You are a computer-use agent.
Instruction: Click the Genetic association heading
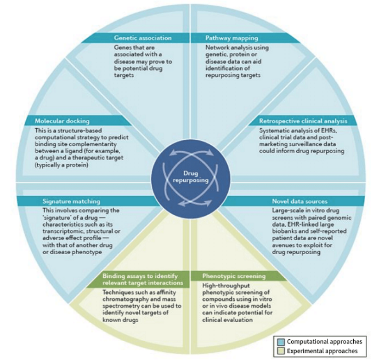pyautogui.click(x=142, y=38)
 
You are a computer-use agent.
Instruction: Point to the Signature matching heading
pyautogui.click(x=71, y=201)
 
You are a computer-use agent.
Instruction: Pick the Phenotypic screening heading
pyautogui.click(x=234, y=276)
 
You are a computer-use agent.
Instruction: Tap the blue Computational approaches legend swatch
pyautogui.click(x=281, y=342)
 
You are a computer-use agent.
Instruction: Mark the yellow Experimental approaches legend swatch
pyautogui.click(x=281, y=351)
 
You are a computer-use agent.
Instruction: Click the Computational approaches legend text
pyautogui.click(x=324, y=342)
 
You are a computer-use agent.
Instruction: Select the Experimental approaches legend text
pyautogui.click(x=322, y=351)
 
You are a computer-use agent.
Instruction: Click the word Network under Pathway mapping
pyautogui.click(x=217, y=47)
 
